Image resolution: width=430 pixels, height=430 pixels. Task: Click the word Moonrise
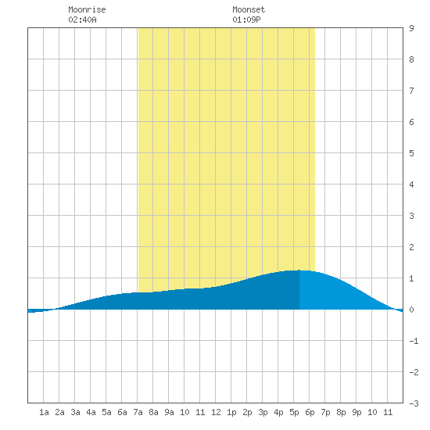coord(87,9)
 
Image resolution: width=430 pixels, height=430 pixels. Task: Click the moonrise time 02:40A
coord(82,20)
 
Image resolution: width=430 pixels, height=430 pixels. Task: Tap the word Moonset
coord(249,9)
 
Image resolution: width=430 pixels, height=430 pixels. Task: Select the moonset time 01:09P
coord(246,20)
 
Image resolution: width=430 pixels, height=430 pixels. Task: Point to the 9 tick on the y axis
coord(411,28)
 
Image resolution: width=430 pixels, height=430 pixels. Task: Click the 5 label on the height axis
coord(411,153)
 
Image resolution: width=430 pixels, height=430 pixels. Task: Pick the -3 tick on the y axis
coord(414,403)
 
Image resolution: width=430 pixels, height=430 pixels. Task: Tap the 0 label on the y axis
coord(411,310)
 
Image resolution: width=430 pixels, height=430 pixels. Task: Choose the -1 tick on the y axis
coord(414,341)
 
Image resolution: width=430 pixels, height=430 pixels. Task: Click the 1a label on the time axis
coord(44,412)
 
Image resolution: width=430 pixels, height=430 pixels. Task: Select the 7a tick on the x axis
coord(138,412)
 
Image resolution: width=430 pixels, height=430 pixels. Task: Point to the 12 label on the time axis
coord(216,412)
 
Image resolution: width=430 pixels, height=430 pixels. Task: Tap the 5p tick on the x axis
coord(294,412)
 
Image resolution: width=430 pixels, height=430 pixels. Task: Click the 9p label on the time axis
coord(357,412)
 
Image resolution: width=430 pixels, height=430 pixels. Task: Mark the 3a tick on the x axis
coord(75,412)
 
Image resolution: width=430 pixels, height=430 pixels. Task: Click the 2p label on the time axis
coord(247,412)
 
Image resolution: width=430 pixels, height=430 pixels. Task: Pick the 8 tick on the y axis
coord(411,59)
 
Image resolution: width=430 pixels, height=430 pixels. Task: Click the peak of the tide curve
coord(299,271)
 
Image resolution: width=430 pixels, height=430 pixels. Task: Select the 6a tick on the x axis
coord(122,412)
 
